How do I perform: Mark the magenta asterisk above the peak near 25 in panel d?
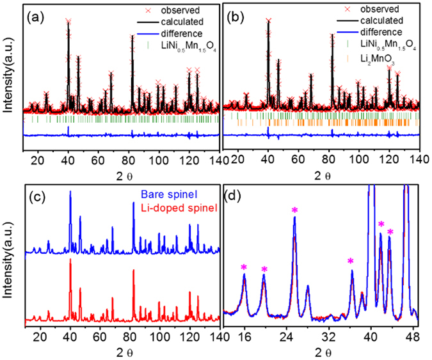(x=294, y=211)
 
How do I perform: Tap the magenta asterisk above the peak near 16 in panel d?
(x=244, y=267)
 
